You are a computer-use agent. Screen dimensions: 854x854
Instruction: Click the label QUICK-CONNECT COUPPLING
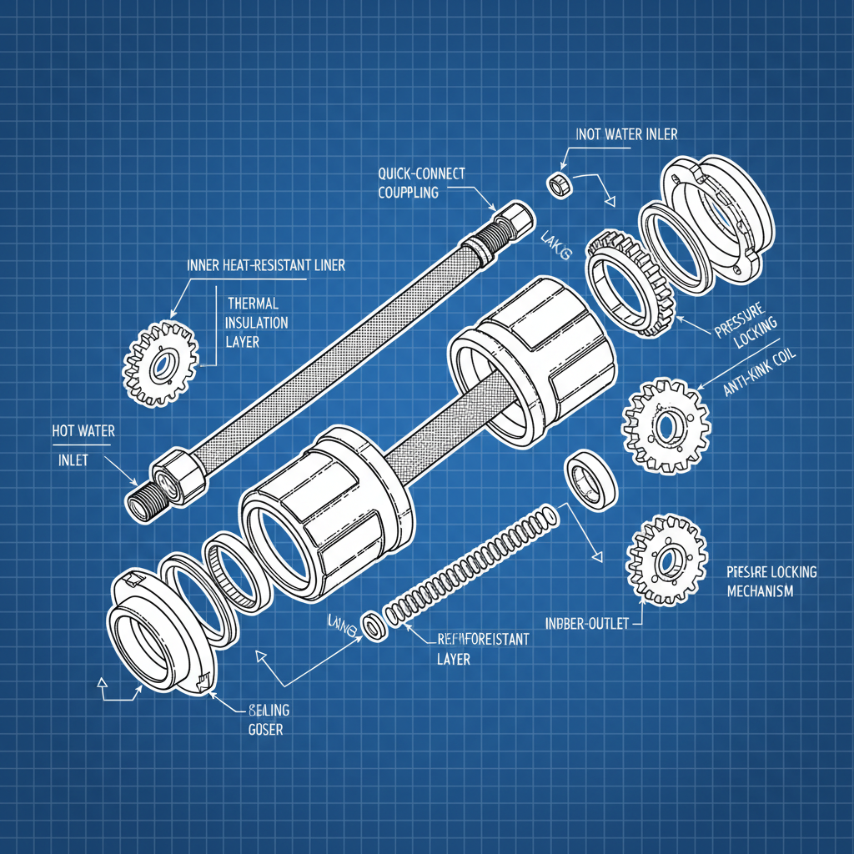coord(420,183)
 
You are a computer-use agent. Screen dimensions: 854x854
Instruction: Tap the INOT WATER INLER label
coord(626,134)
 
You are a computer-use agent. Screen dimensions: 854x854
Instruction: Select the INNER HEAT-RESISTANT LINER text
coord(265,265)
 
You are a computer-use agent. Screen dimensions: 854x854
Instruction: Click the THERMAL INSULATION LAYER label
coord(257,322)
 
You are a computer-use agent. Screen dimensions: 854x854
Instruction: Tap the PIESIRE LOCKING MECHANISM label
coord(759,581)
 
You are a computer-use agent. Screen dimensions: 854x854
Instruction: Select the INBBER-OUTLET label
coord(585,623)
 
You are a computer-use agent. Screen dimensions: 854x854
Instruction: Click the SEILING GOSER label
coord(269,719)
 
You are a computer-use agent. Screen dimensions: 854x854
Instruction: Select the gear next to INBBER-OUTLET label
coord(666,560)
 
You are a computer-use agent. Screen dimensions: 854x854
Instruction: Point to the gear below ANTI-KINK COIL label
coord(666,425)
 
